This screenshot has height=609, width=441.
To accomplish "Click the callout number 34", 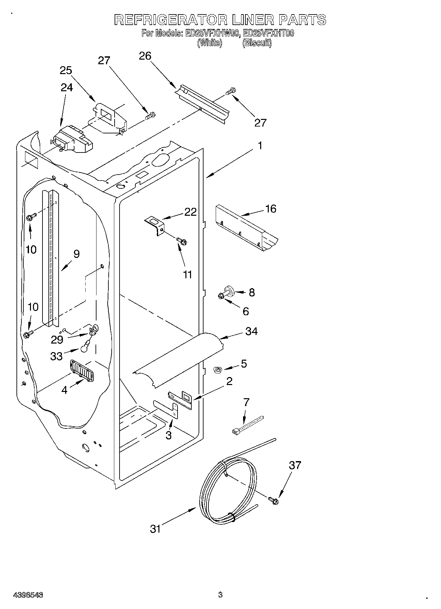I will [251, 331].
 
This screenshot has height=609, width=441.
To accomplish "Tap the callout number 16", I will [271, 209].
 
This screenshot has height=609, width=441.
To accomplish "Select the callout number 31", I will [155, 529].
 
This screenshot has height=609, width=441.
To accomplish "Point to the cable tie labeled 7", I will [248, 425].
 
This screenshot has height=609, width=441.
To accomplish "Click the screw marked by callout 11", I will [181, 241].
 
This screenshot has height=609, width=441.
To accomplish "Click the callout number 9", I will [76, 254].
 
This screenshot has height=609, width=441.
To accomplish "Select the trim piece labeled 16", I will [245, 229].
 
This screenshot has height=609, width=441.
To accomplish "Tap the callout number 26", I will [145, 56].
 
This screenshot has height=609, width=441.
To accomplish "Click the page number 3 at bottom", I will [220, 595].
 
